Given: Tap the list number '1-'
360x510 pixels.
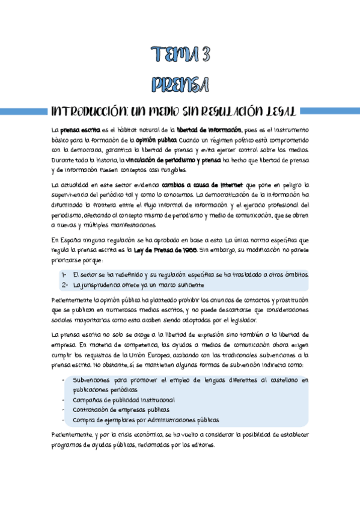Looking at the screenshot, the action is coord(64,274).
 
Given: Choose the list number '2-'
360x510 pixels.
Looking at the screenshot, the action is coord(64,284).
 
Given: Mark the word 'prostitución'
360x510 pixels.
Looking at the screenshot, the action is coord(287,300).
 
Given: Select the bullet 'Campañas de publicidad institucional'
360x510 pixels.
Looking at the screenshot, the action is coord(123,400).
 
